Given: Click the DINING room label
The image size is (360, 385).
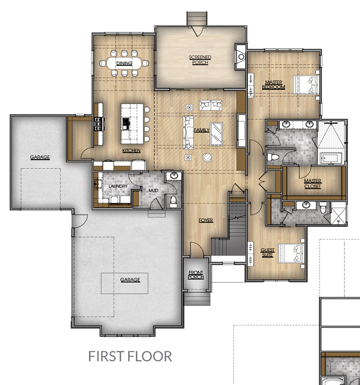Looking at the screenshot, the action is [124, 63].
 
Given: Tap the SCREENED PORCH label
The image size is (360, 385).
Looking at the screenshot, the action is [200, 60].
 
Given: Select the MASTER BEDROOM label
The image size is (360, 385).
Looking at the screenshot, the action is [273, 85].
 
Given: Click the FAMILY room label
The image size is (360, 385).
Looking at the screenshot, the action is [202, 130].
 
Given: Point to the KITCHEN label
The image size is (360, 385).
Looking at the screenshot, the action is [132, 150].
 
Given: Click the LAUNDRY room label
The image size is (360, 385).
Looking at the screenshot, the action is [118, 186].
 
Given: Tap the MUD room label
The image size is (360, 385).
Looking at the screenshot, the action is [153, 190].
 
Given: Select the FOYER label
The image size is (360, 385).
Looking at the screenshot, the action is [206, 221].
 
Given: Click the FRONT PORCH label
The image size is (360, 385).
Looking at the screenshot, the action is [196, 275].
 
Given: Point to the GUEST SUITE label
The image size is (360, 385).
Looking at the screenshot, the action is [267, 253].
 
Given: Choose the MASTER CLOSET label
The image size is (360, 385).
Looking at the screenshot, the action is [312, 183].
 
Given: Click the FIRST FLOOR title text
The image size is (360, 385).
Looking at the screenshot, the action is [130, 356].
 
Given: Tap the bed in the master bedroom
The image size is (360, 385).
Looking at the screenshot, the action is [306, 85].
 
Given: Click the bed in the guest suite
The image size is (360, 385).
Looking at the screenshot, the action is [291, 253].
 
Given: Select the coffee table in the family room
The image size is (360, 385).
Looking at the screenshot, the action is [216, 134].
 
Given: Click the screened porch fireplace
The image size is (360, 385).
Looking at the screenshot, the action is [240, 57].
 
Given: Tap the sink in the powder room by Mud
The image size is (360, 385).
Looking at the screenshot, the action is [174, 176].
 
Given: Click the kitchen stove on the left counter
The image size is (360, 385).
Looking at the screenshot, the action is [99, 124].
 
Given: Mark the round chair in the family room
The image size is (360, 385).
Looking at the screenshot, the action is [207, 157].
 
